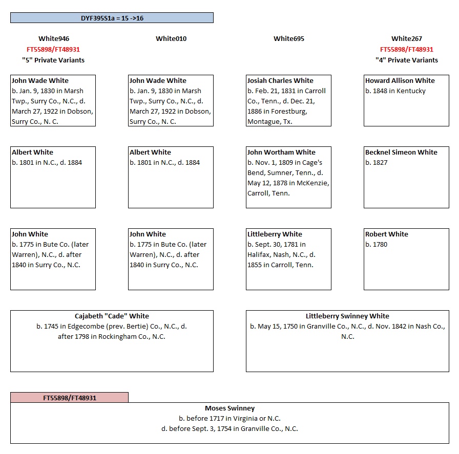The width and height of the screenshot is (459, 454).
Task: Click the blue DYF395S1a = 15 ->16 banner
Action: pos(112,18)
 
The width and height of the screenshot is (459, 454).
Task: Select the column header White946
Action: pos(53,39)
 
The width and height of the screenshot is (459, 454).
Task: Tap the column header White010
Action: pos(171,39)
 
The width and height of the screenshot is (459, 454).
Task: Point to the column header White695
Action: pos(289,39)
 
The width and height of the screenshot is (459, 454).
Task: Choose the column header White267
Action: pos(407,39)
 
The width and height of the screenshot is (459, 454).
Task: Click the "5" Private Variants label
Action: pos(53,60)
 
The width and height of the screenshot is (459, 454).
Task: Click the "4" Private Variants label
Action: pos(407,60)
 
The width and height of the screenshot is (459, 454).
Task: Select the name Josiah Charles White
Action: pos(280,81)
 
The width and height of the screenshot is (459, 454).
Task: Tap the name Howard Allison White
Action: pos(400,81)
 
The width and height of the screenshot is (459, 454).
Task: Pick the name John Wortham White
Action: pos(281,153)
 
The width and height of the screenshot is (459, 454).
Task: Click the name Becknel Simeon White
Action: pos(401,153)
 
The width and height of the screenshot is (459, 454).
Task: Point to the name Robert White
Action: pos(386,234)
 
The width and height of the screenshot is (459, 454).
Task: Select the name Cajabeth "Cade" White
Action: pos(112,316)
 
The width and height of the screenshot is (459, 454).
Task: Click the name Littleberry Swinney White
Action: pos(347,316)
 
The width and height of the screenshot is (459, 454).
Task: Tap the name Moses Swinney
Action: pos(229,408)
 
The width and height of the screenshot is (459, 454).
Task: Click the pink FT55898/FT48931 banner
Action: pos(69,398)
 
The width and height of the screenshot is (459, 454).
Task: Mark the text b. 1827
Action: pos(376,163)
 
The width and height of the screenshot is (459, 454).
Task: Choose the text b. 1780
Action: pos(376,245)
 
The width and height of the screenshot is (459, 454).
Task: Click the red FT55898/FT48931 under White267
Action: pos(407,50)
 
